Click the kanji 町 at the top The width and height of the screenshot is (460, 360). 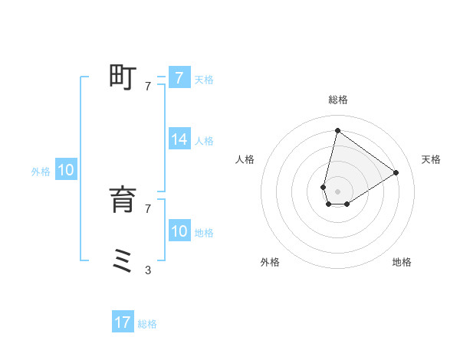(x=123, y=78)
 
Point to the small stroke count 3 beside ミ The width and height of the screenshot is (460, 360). (x=147, y=270)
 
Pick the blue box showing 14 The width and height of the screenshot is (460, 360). (x=179, y=139)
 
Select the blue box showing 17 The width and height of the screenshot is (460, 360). (x=123, y=322)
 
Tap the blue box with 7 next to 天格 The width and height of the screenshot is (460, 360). (x=179, y=78)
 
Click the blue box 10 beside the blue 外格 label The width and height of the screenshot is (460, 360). (x=66, y=171)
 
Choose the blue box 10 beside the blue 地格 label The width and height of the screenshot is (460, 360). (x=179, y=231)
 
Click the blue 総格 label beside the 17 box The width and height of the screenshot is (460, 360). (x=147, y=324)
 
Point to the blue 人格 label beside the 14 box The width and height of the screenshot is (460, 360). (x=204, y=141)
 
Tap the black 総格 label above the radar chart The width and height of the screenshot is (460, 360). (x=337, y=100)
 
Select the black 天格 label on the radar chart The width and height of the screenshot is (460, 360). (x=431, y=159)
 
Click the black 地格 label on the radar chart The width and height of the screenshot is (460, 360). (x=402, y=262)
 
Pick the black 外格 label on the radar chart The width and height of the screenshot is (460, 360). (x=270, y=262)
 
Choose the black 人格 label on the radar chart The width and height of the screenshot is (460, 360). (x=245, y=159)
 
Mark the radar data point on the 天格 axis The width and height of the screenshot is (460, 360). (x=396, y=172)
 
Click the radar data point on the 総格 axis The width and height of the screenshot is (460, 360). (x=337, y=130)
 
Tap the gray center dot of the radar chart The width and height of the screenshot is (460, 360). (x=337, y=191)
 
